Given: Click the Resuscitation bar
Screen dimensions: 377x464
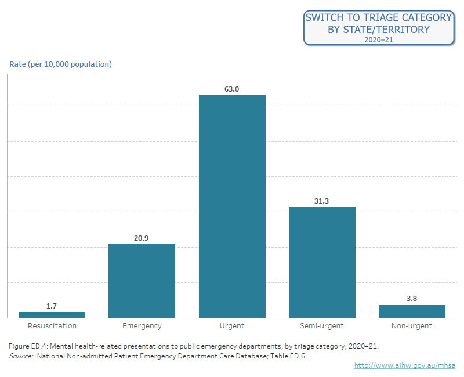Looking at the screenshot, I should (x=52, y=315).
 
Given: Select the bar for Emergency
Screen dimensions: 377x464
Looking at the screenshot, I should (x=142, y=281).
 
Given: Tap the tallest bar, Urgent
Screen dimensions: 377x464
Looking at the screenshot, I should (x=232, y=206).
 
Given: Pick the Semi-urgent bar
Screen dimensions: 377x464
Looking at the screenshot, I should (x=322, y=262).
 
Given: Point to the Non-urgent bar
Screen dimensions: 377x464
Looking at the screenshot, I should (x=412, y=311).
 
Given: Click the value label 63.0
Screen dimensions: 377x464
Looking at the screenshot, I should (x=232, y=89).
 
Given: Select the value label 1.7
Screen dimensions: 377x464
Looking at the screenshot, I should (x=52, y=306).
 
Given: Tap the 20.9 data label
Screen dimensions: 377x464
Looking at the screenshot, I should (x=142, y=238).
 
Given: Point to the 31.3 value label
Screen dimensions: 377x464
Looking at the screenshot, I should (x=322, y=201).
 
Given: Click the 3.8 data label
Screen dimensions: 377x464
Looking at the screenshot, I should (x=412, y=299).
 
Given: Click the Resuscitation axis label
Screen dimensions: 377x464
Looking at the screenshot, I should (x=52, y=326).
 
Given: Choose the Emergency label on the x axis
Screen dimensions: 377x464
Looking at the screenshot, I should (x=142, y=326).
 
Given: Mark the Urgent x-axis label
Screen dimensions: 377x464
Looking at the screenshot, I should (x=232, y=326).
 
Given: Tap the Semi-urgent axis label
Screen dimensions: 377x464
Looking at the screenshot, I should (x=322, y=326).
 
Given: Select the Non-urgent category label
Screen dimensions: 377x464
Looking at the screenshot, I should (x=412, y=326).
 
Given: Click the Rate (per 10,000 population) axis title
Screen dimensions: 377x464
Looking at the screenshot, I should (x=60, y=64).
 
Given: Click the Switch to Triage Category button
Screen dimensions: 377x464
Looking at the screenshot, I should (x=378, y=28).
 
